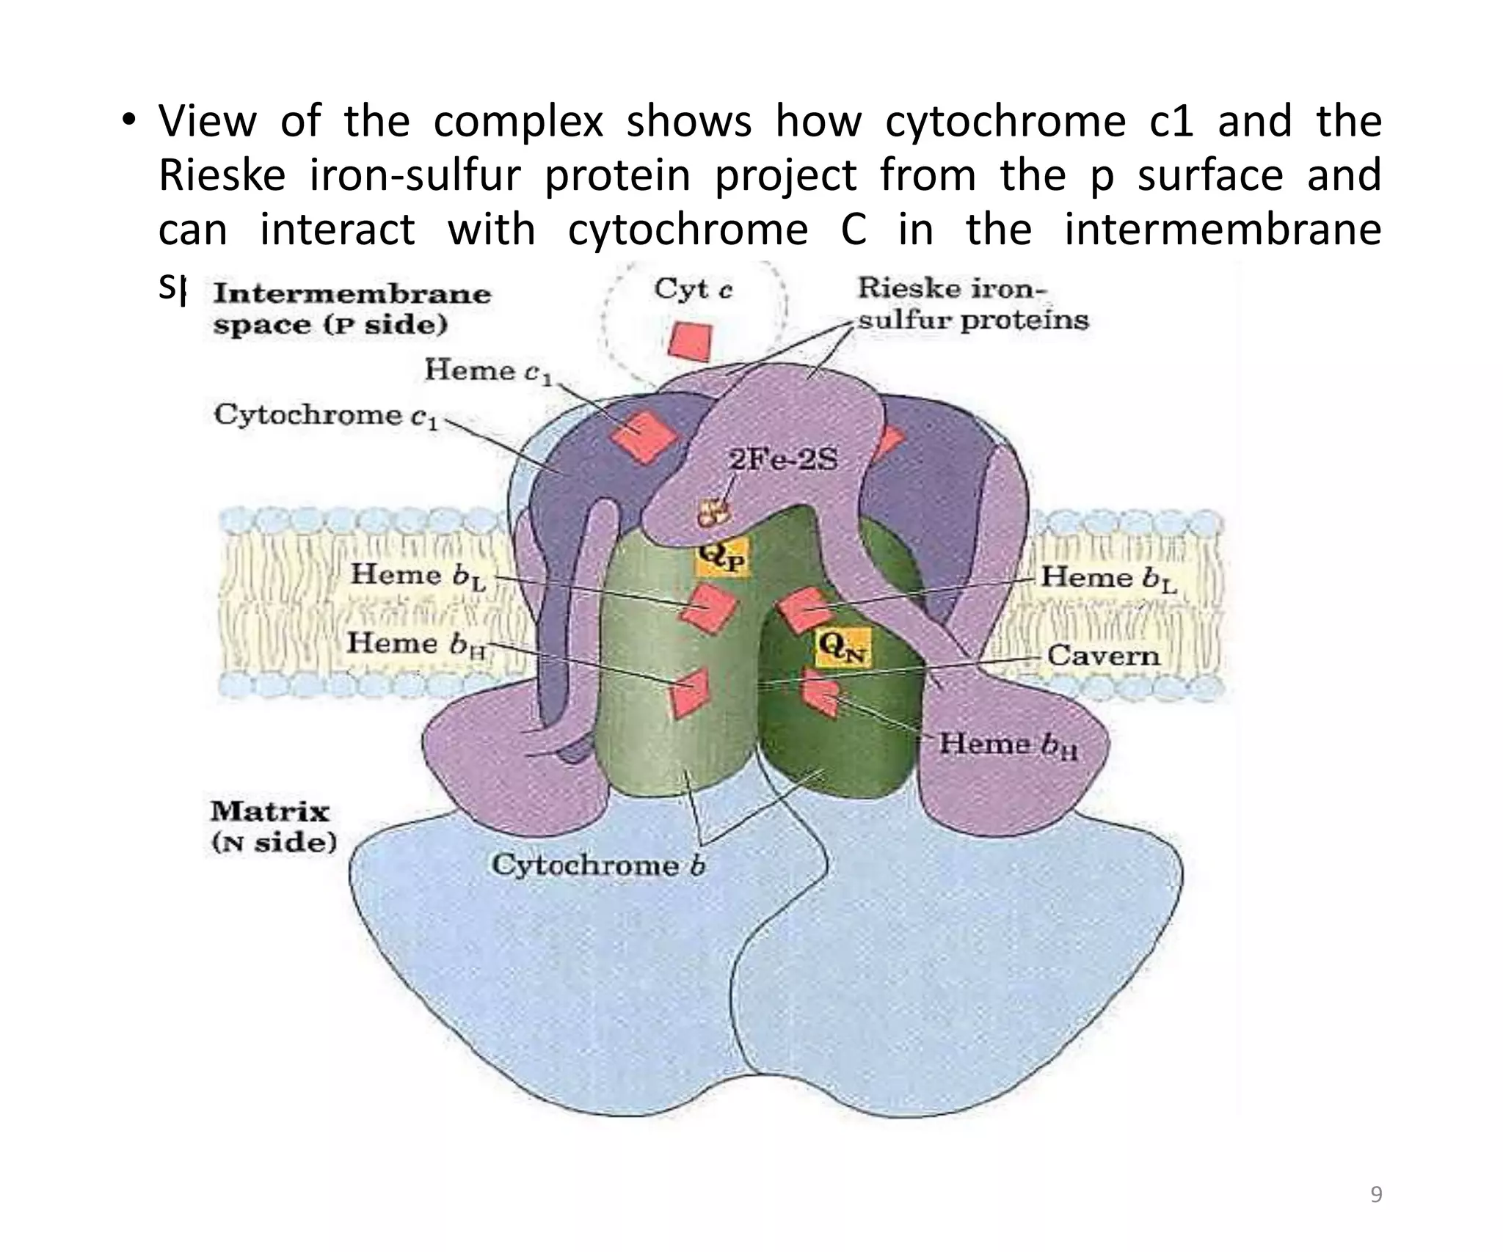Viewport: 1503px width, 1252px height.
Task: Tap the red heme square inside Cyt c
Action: tap(691, 342)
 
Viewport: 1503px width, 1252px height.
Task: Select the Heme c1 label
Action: tap(487, 370)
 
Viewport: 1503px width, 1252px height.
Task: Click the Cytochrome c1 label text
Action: tap(326, 416)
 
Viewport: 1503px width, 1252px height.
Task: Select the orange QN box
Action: tap(843, 647)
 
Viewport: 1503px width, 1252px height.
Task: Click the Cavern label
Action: tap(1103, 655)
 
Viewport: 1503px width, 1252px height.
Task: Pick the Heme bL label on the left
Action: tap(418, 576)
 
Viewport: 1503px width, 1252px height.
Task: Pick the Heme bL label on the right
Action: tap(1108, 579)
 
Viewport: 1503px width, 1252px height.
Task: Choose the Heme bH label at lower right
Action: tap(1008, 744)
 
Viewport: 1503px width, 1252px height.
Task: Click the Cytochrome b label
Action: tap(597, 865)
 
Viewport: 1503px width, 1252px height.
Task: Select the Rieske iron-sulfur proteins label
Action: tap(972, 304)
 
